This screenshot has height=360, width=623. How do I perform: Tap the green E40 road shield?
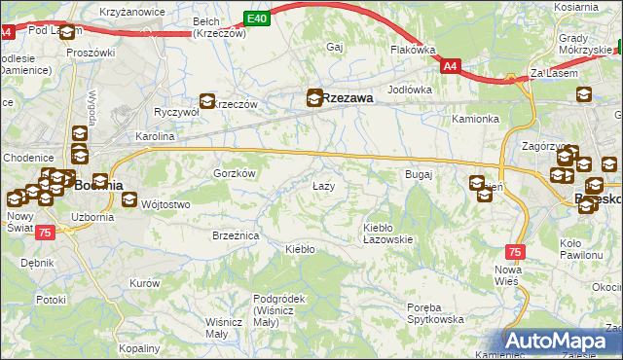(x=256, y=18)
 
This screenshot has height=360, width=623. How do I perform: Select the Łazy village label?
(x=324, y=186)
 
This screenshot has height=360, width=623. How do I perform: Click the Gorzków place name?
(x=234, y=172)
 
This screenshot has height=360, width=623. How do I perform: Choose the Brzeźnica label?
(x=235, y=235)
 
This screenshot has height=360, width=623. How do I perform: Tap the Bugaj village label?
(x=418, y=174)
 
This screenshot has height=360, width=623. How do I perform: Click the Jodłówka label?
(x=409, y=90)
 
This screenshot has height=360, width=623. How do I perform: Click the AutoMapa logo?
(x=562, y=342)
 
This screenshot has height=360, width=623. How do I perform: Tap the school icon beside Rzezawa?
(x=314, y=97)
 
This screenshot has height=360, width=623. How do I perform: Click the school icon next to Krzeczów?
(x=207, y=100)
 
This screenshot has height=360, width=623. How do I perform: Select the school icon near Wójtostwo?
(x=130, y=200)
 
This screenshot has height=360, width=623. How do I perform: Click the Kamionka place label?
(x=475, y=119)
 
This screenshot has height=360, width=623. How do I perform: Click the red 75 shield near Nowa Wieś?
(x=515, y=252)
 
